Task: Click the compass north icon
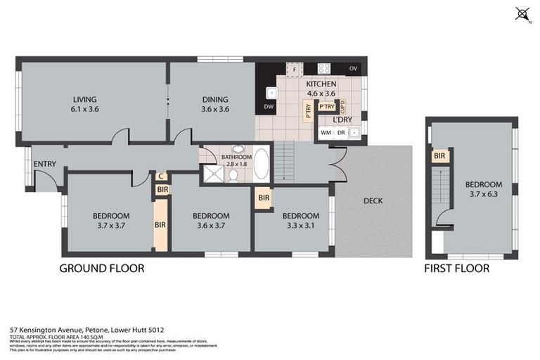pos(522,13)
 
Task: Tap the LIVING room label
pos(84,99)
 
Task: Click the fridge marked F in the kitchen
pos(294,70)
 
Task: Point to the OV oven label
pos(354,69)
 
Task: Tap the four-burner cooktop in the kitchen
pos(324,69)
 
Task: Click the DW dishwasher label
pos(268,107)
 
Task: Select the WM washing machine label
pos(326,131)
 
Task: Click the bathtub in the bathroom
pos(260,164)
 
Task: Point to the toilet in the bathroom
pos(233,176)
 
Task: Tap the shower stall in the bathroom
pos(212,174)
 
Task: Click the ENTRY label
pos(44,164)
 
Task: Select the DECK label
pos(373,201)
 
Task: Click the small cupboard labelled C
pos(161,176)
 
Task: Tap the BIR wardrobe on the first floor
pos(439,155)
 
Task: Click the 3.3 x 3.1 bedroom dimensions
pos(296,226)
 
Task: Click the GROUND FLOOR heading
pos(101,268)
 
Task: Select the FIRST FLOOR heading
pos(457,268)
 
